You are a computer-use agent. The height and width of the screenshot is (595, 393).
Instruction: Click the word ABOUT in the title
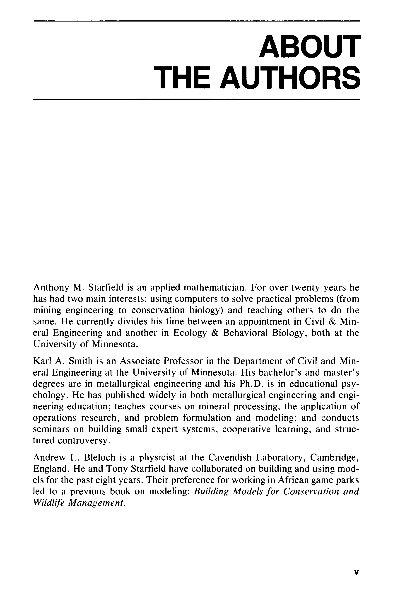pos(310,46)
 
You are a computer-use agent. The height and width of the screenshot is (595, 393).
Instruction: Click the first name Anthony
pos(51,288)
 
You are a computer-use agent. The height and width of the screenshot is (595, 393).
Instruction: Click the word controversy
pos(84,441)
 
